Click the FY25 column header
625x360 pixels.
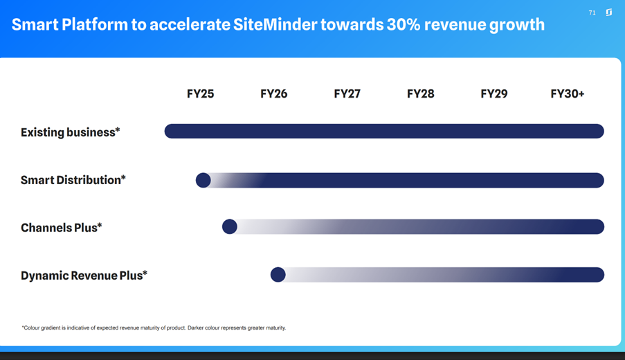[x=200, y=94]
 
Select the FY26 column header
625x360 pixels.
[x=273, y=94]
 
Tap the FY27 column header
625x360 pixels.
[x=347, y=94]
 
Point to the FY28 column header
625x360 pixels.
[x=420, y=94]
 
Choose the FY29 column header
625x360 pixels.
[x=493, y=94]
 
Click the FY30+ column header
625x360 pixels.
[x=567, y=94]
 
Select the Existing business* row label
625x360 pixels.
[x=70, y=132]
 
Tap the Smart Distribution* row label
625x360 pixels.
[x=73, y=180]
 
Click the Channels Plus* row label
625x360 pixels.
[x=61, y=227]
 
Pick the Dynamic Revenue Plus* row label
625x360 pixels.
[x=84, y=276]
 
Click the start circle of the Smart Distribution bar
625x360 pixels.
[x=203, y=180]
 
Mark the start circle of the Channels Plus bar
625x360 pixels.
[x=230, y=226]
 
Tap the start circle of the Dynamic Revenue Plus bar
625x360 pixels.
[x=278, y=275]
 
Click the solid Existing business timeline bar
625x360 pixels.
[x=384, y=131]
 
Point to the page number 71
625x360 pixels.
[x=592, y=12]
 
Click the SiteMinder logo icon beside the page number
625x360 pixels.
[x=608, y=12]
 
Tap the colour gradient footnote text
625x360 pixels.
[x=154, y=327]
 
